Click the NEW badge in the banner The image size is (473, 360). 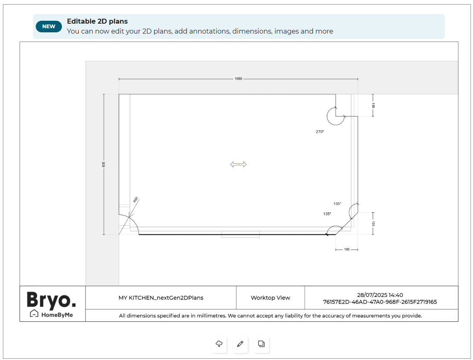[x=49, y=27]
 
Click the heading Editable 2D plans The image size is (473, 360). [x=97, y=22]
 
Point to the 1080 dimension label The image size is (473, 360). [x=238, y=79]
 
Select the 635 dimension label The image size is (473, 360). [x=103, y=164]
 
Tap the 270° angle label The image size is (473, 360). [x=320, y=132]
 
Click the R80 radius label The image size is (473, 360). [x=136, y=199]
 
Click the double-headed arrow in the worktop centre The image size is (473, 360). [x=238, y=164]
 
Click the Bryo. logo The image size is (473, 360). [x=51, y=300]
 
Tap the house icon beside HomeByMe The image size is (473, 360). [x=34, y=314]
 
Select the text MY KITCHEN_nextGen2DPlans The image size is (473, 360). [x=161, y=298]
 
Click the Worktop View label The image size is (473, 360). [x=270, y=298]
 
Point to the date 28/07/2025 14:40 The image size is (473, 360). [x=380, y=295]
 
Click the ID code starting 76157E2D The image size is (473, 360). [x=380, y=302]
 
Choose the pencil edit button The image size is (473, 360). [x=240, y=344]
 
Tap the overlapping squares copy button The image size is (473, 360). [x=261, y=344]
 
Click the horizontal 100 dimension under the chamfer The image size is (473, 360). [x=346, y=249]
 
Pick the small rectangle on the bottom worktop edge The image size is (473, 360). [x=240, y=235]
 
